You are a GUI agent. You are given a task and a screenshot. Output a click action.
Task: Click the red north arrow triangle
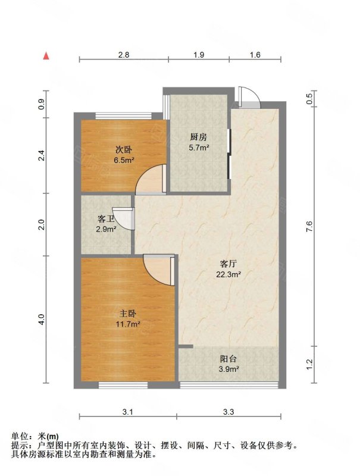[x=46, y=56]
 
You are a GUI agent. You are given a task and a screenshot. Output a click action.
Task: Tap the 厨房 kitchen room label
[x=199, y=137]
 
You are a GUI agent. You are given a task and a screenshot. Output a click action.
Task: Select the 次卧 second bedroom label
[x=124, y=149]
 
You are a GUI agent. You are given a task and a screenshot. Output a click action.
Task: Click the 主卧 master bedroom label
[x=127, y=314]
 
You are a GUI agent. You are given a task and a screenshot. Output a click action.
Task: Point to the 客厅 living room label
[x=228, y=264]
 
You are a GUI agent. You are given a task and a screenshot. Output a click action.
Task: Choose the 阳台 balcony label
[x=228, y=359]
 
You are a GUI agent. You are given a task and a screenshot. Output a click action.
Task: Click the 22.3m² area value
[x=228, y=275]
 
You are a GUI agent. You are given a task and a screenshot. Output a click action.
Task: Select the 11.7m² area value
[x=128, y=324]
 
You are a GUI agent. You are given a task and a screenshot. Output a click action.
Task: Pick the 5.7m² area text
[x=199, y=148]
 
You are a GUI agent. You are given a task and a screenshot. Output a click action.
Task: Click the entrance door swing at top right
[x=249, y=96]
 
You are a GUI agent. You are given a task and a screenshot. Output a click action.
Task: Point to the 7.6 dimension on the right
[x=309, y=227]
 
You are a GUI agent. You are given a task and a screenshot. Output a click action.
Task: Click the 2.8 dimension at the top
[x=124, y=55]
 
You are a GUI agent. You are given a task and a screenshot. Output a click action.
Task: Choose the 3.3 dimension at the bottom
[x=228, y=412]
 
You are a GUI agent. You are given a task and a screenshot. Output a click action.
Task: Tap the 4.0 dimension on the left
[x=42, y=320]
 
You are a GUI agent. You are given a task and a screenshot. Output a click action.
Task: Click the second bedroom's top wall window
[x=124, y=115]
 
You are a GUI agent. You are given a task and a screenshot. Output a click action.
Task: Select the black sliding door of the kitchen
[x=229, y=154]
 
